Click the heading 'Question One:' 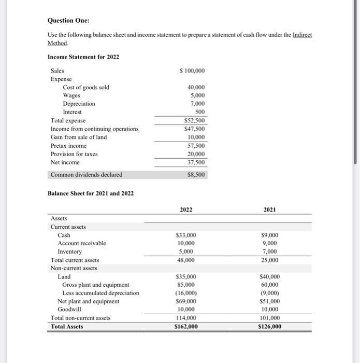tap(68, 20)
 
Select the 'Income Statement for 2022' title tap(83, 57)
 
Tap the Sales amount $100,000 tap(192, 71)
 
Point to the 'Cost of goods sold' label tap(86, 87)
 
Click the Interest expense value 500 tap(199, 112)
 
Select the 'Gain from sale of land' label tap(79, 137)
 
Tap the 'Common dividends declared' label tap(87, 175)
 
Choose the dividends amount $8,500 tap(196, 175)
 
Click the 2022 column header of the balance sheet tap(186, 210)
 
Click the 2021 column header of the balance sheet tap(269, 210)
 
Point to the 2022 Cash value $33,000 tap(186, 235)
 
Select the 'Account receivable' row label tap(82, 243)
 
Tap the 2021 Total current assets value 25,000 tap(270, 260)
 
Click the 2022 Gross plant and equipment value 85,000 tap(186, 285)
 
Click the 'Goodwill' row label tap(69, 310)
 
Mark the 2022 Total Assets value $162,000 tap(186, 327)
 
